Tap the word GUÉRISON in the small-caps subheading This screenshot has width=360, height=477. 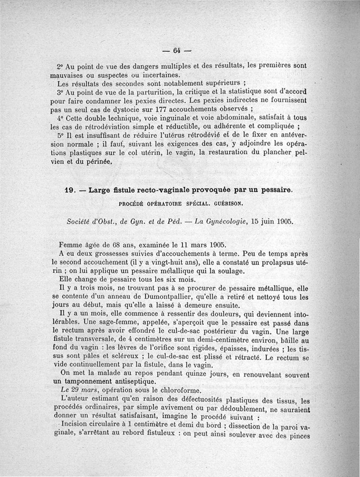(229, 203)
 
